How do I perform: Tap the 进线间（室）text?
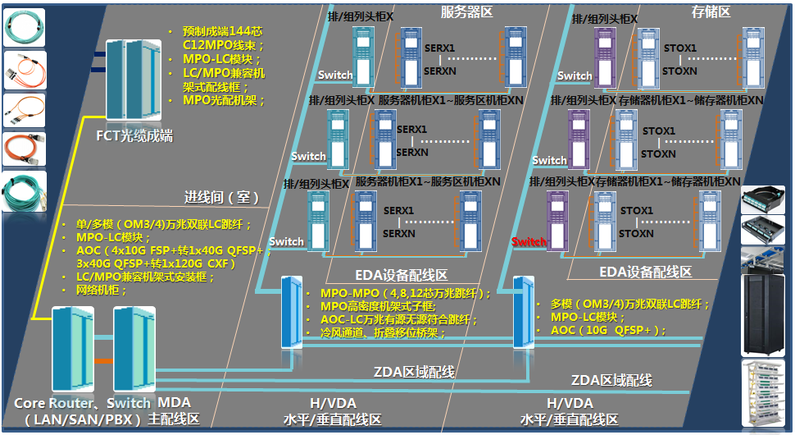pyautogui.click(x=221, y=198)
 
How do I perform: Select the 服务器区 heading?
pyautogui.click(x=466, y=11)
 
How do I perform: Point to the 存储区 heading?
pyautogui.click(x=711, y=11)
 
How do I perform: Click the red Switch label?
pyautogui.click(x=529, y=242)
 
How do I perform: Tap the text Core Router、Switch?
pyautogui.click(x=82, y=403)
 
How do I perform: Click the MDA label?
pyautogui.click(x=174, y=403)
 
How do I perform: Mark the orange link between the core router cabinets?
pyautogui.click(x=103, y=361)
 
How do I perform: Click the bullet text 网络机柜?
pyautogui.click(x=98, y=290)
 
